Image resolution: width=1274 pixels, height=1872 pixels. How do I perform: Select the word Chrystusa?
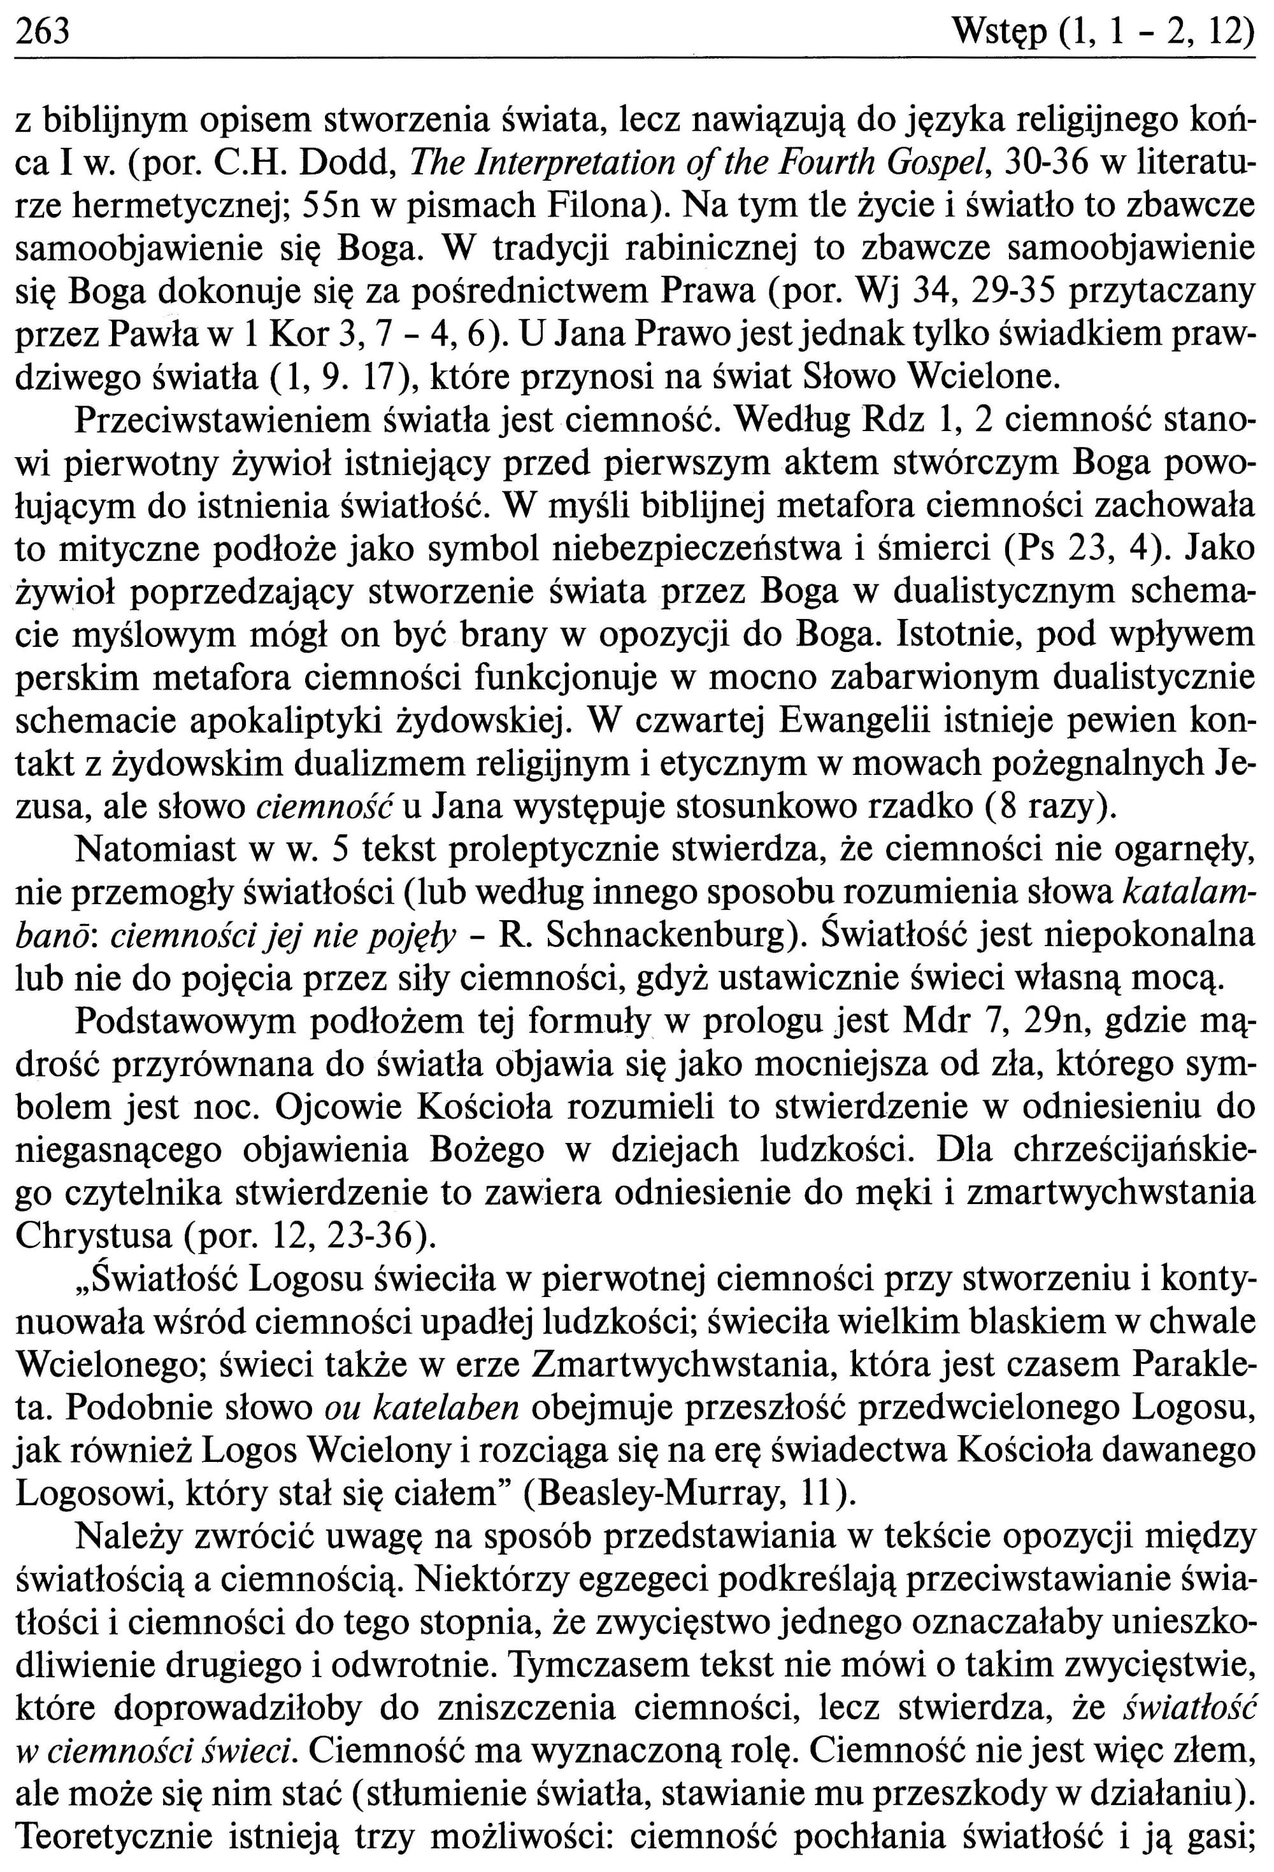click(x=92, y=1236)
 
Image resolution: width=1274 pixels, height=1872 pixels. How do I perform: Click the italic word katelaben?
click(x=462, y=1407)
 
